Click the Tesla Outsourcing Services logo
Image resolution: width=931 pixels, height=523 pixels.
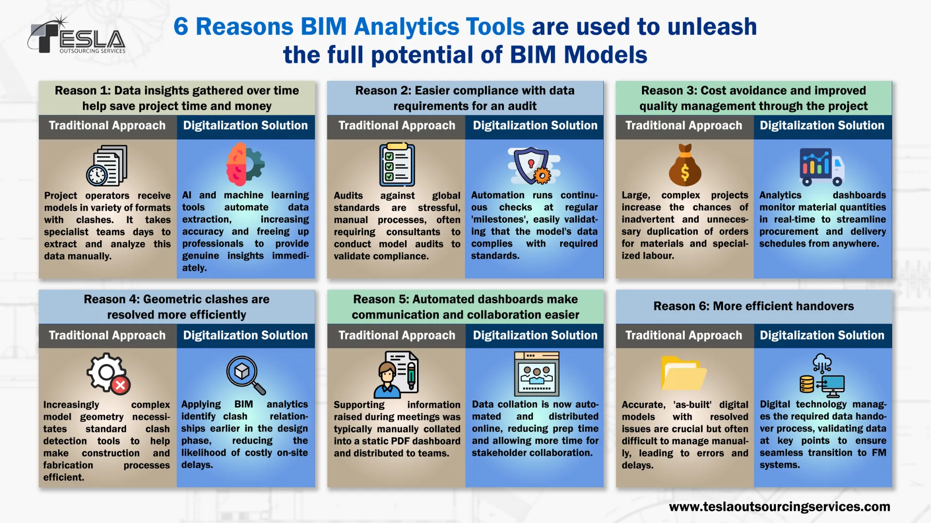[x=77, y=35]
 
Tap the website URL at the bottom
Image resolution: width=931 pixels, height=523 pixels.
[x=779, y=507]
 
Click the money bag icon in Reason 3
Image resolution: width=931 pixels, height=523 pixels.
[x=685, y=165]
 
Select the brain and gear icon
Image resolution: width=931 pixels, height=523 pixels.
[x=245, y=164]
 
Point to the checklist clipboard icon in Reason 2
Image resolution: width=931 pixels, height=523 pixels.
[x=397, y=164]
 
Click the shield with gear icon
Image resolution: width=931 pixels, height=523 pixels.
[x=533, y=166]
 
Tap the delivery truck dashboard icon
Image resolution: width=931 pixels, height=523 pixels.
[x=822, y=167]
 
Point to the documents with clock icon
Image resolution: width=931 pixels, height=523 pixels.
[x=107, y=166]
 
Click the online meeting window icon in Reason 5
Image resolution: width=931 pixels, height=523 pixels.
[x=536, y=373]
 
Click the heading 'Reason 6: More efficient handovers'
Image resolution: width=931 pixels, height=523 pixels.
[x=754, y=306]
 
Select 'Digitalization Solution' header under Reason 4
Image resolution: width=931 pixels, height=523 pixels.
[x=245, y=335]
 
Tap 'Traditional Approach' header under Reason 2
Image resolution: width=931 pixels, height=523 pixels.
[x=397, y=125]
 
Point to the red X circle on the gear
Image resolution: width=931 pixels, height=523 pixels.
[x=120, y=385]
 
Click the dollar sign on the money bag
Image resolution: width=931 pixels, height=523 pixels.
[x=685, y=172]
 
